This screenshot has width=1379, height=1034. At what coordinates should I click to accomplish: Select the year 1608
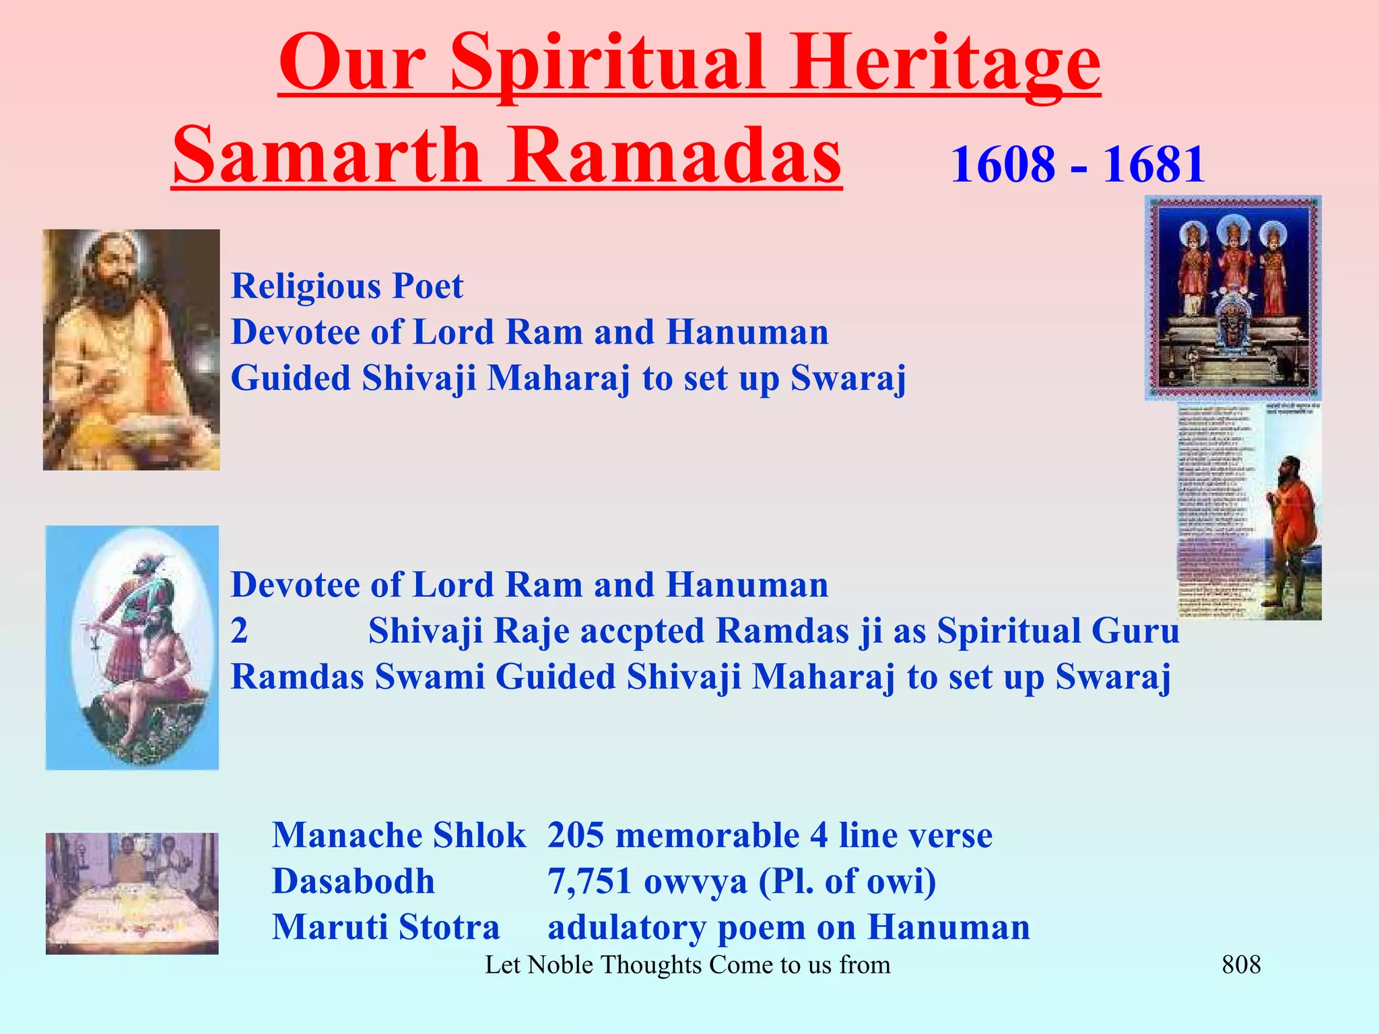(x=1003, y=164)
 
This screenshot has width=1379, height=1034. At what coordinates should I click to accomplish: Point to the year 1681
(x=1153, y=164)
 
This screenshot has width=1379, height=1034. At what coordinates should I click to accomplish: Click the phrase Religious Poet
(x=347, y=286)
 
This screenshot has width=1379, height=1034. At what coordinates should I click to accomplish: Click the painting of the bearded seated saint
(x=131, y=349)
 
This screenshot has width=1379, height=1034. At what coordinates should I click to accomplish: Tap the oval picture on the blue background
(x=132, y=647)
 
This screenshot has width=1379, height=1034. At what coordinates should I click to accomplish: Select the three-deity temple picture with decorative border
(x=1233, y=298)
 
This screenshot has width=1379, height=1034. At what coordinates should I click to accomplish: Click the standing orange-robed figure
(x=1289, y=532)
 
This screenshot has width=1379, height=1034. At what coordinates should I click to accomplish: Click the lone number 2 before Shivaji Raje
(x=240, y=631)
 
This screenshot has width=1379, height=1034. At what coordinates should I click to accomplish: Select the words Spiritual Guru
(x=1058, y=631)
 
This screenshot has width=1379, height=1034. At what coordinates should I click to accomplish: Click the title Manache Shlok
(x=399, y=835)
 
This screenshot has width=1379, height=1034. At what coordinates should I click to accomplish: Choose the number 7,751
(x=589, y=881)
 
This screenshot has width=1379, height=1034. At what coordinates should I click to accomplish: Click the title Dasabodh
(x=354, y=881)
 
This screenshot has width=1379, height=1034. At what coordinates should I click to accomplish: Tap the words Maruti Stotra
(x=386, y=927)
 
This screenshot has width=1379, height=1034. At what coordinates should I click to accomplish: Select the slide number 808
(x=1241, y=965)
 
